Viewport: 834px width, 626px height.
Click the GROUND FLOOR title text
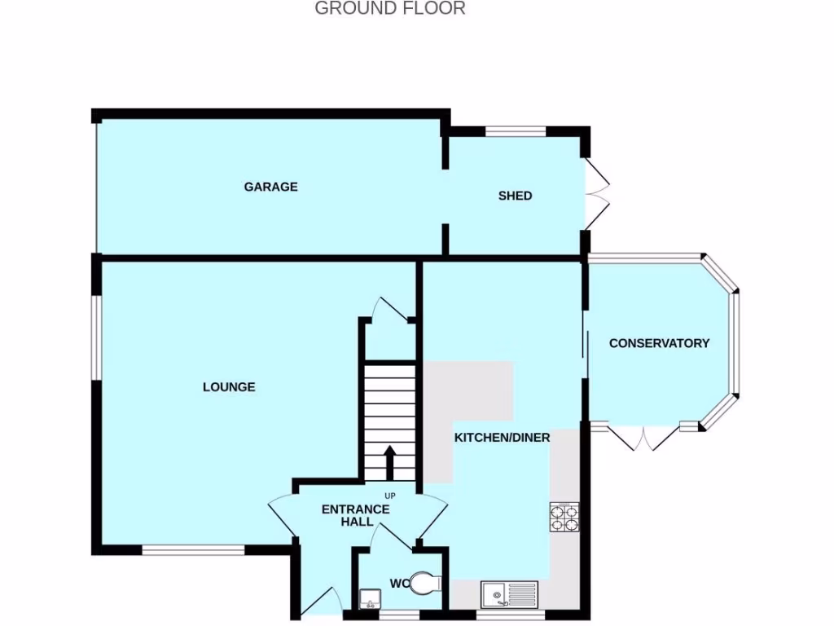389,9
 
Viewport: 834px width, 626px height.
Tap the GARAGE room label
270,187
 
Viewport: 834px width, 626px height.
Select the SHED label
515,196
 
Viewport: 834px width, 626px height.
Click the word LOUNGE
229,387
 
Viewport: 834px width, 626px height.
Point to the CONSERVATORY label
659,343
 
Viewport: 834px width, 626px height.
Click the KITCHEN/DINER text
502,438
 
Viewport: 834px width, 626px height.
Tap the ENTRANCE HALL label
355,515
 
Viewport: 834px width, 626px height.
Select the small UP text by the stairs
389,496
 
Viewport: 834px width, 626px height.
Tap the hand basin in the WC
369,600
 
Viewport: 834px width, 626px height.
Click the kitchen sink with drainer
509,594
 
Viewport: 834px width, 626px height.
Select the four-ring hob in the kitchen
564,517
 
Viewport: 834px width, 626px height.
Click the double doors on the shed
597,194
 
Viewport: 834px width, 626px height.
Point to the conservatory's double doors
644,438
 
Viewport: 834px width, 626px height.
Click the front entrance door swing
323,601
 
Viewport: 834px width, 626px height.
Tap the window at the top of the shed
516,130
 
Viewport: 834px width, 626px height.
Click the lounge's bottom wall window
193,550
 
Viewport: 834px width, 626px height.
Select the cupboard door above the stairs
390,308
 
